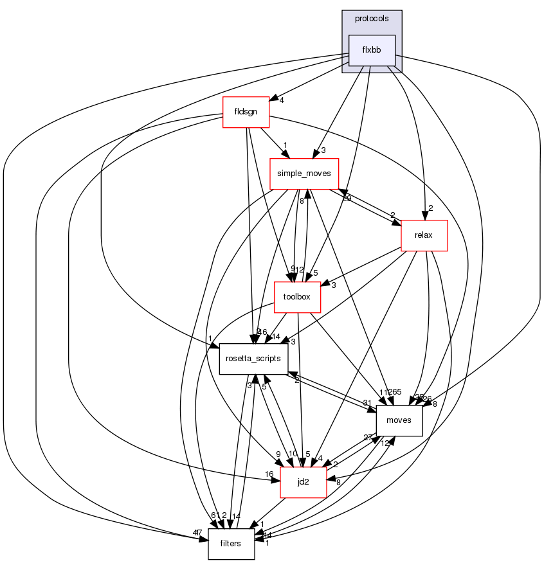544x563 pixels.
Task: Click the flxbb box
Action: coord(371,50)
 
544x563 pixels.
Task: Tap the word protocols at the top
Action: coord(371,19)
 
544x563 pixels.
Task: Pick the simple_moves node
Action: coord(304,174)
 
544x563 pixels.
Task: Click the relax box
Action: coord(424,235)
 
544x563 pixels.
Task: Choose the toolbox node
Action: coord(297,297)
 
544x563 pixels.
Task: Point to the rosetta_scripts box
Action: coord(253,359)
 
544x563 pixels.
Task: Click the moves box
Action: coord(399,420)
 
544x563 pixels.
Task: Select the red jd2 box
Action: coord(304,482)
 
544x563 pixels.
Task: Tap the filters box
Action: coord(230,544)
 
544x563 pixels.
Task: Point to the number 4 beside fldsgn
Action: coord(282,100)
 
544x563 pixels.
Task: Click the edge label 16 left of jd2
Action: coord(270,474)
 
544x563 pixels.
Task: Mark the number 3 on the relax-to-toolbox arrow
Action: coord(334,285)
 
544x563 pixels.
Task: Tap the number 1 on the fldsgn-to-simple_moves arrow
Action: coord(285,145)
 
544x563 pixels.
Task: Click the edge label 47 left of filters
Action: coord(198,533)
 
